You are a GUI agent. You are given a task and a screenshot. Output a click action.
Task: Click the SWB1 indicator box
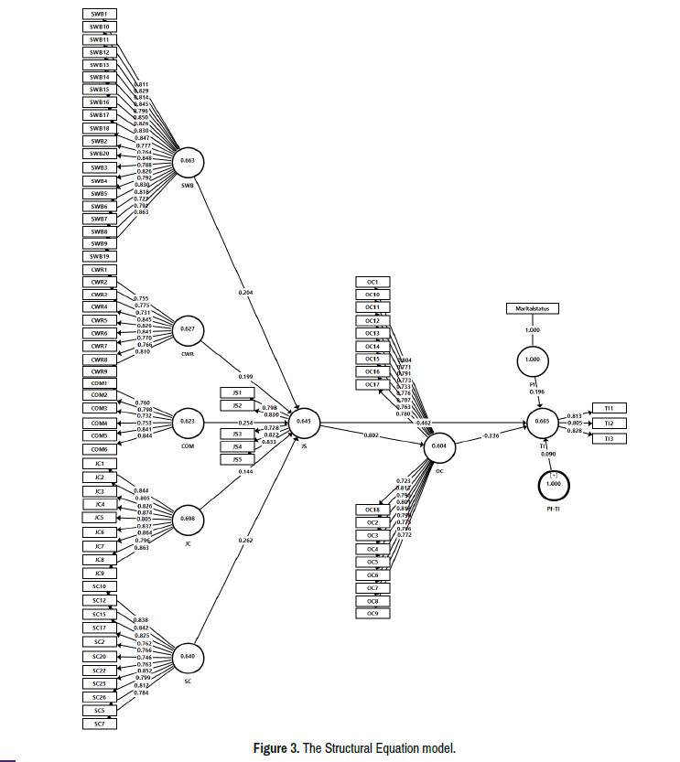[99, 15]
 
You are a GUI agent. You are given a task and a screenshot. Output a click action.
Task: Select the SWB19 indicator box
[99, 256]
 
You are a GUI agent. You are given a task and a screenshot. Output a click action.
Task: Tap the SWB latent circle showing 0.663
[188, 160]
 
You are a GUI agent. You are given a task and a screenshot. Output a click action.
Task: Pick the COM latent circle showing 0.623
[188, 422]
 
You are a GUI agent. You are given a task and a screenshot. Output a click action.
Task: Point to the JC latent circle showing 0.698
[188, 520]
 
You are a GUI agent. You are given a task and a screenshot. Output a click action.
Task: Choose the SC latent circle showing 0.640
[188, 656]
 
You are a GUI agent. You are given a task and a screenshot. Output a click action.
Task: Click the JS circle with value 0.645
[304, 421]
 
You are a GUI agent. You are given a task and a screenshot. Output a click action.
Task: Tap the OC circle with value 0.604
[438, 445]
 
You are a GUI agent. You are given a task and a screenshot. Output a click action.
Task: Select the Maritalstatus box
[533, 309]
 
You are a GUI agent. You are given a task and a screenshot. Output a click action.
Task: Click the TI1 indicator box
[609, 407]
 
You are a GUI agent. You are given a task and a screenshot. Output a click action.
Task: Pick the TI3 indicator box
[609, 439]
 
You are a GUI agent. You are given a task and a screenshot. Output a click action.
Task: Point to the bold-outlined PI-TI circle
[553, 482]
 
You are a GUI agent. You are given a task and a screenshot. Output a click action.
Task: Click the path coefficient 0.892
[371, 435]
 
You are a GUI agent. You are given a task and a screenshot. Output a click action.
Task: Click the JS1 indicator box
[237, 392]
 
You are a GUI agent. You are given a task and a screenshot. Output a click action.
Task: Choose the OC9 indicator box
[372, 613]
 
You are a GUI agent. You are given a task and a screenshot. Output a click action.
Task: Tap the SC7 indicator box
[99, 724]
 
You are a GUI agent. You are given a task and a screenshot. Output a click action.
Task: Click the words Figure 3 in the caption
[275, 747]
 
